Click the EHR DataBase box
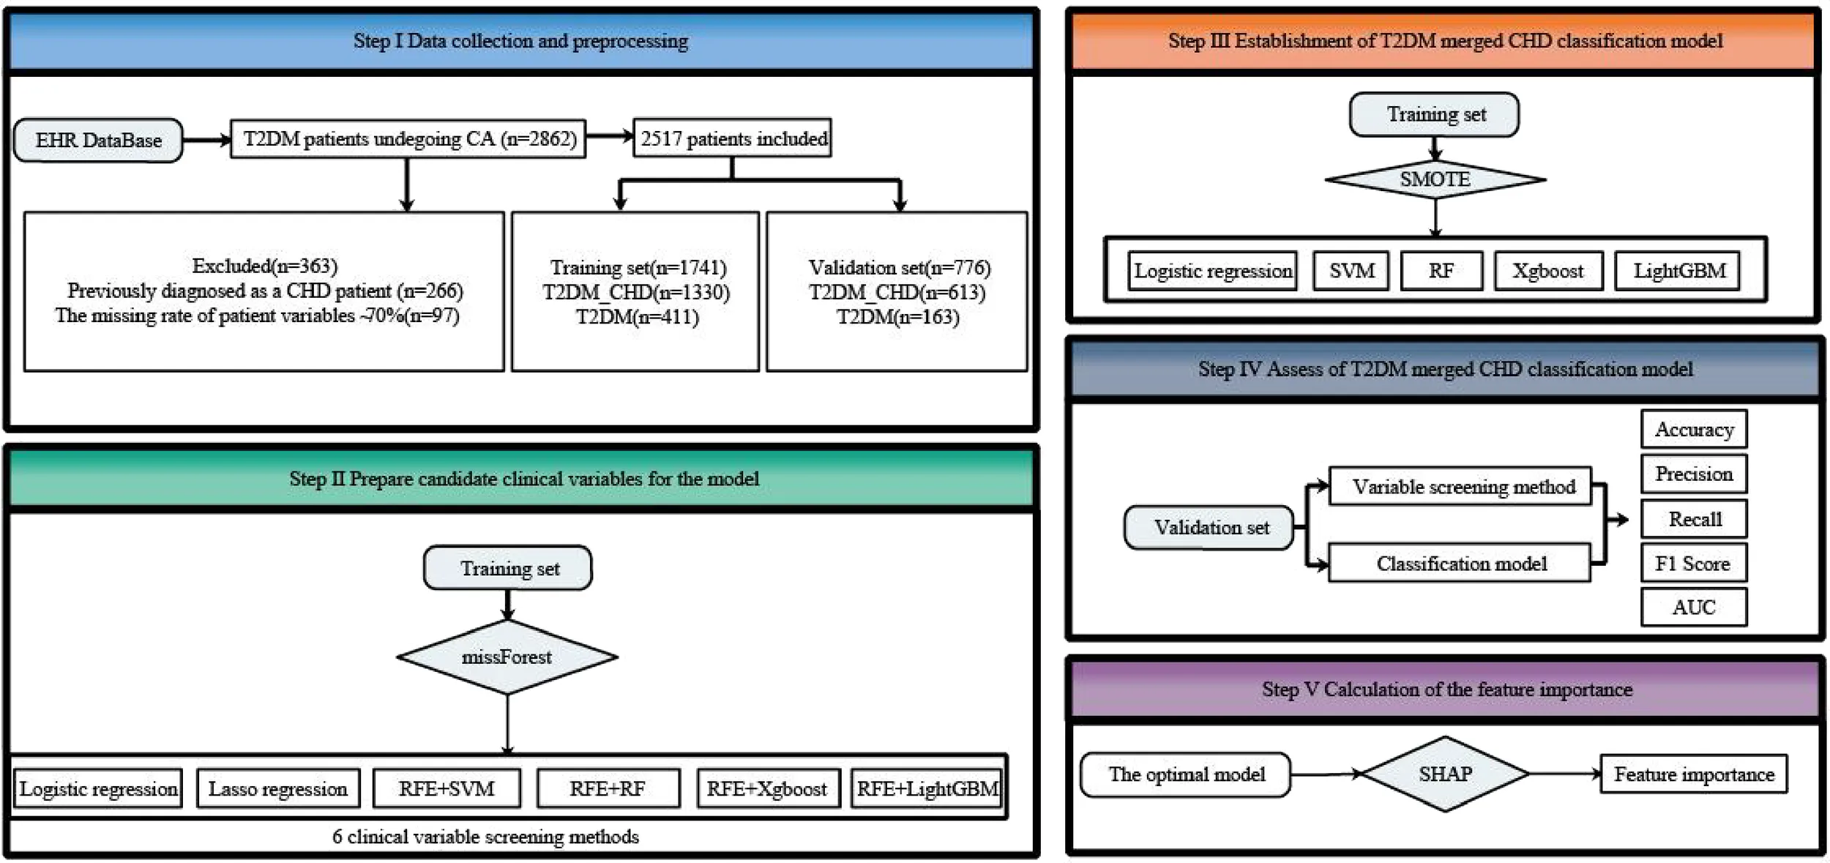(98, 140)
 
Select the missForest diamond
(507, 657)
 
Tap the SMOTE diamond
(1435, 179)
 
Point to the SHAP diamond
(1445, 774)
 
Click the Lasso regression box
(278, 788)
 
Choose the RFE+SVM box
(447, 788)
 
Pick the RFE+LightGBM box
(927, 788)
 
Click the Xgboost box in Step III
(1548, 271)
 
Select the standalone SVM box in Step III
(1351, 271)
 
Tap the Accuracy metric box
(1694, 429)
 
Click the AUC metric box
(1694, 607)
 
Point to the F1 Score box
(1694, 563)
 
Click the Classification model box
(1460, 563)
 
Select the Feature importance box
(1694, 774)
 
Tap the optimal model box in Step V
(1186, 774)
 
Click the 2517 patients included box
(733, 138)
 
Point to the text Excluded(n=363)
(265, 266)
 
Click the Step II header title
(524, 479)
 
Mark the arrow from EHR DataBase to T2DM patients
(206, 140)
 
